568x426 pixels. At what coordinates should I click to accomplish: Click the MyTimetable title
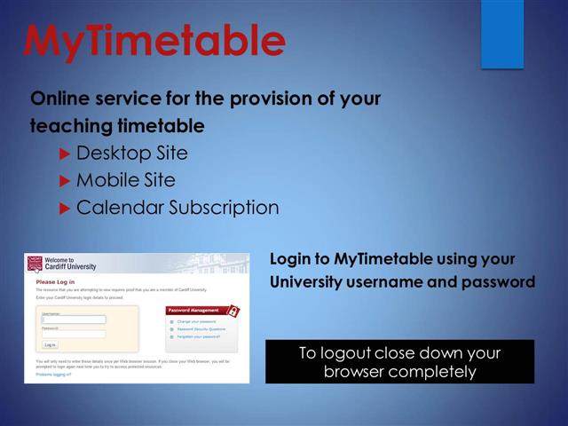click(x=154, y=40)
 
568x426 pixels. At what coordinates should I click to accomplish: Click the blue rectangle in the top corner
click(x=502, y=34)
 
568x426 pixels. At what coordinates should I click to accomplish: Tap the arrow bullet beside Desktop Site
click(x=64, y=153)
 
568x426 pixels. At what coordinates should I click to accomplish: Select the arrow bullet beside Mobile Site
click(x=64, y=180)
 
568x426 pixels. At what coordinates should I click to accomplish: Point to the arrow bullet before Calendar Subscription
click(x=64, y=209)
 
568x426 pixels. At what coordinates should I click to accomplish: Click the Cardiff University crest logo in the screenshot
click(x=35, y=264)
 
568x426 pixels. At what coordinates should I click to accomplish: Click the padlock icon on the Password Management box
click(x=233, y=311)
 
